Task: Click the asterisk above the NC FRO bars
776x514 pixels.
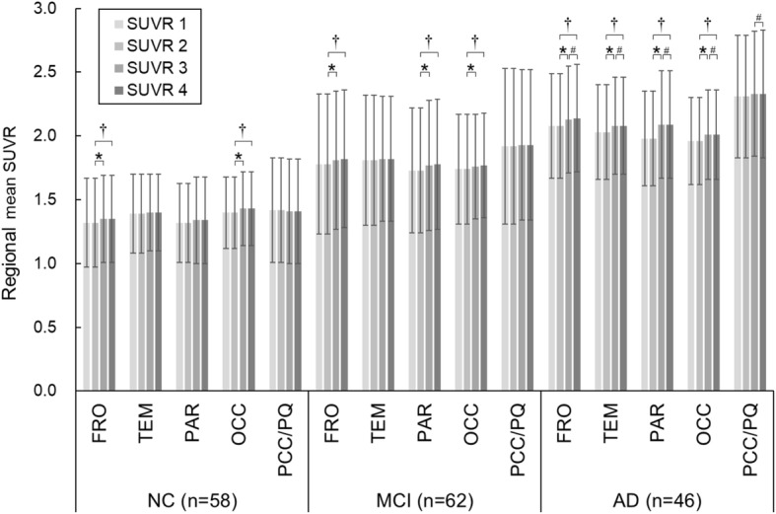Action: [98, 158]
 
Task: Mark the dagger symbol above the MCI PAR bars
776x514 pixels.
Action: [431, 40]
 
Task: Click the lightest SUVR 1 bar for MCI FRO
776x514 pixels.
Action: [319, 277]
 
